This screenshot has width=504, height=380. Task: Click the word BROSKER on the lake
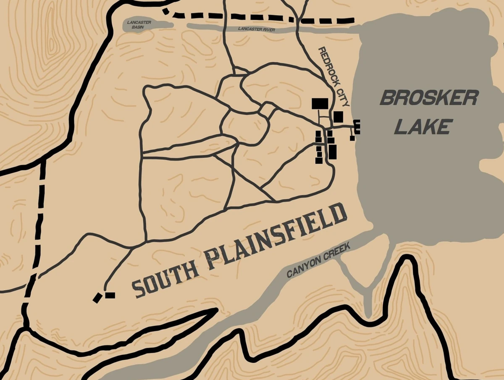[429, 98]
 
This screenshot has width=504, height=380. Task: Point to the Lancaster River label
[256, 29]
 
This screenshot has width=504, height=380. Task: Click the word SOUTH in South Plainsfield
[165, 282]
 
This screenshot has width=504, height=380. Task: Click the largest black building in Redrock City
[320, 103]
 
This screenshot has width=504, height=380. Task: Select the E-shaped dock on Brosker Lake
[357, 127]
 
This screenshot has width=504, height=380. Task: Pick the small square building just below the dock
[352, 138]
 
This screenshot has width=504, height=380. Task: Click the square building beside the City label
[338, 116]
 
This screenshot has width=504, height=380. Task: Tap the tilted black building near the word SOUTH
[98, 298]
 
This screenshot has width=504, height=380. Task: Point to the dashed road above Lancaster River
[260, 17]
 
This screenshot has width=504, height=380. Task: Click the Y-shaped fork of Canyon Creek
[367, 290]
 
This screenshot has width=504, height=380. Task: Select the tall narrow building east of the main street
[332, 151]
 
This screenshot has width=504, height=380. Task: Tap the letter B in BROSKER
[387, 98]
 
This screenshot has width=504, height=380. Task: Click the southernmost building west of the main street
[318, 160]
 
